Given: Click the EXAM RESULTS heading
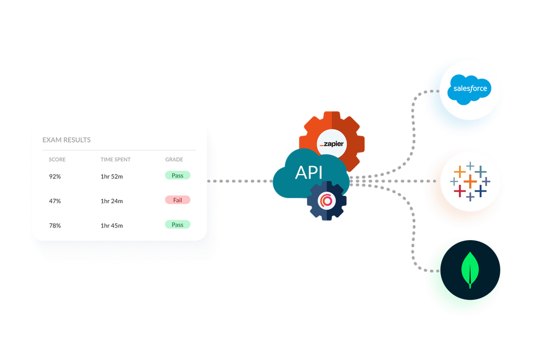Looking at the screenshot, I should tap(67, 140).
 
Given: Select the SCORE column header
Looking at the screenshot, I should tap(57, 159).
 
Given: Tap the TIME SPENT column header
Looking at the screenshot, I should tap(115, 159).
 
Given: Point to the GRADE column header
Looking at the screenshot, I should tap(174, 159).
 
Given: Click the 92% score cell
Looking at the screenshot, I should tap(55, 176).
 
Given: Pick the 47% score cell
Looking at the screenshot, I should tap(55, 201).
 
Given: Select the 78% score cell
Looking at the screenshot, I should tap(55, 226).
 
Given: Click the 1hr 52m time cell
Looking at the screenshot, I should tap(111, 176).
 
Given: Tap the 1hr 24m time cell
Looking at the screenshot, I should tap(111, 201).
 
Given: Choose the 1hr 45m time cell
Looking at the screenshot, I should tap(111, 226).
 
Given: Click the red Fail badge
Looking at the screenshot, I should tap(178, 200).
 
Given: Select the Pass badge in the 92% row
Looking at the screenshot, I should tap(178, 175).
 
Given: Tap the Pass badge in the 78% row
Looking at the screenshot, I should tap(178, 225).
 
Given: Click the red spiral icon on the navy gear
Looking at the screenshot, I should tap(326, 201).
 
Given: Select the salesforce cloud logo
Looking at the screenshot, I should tap(470, 89).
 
